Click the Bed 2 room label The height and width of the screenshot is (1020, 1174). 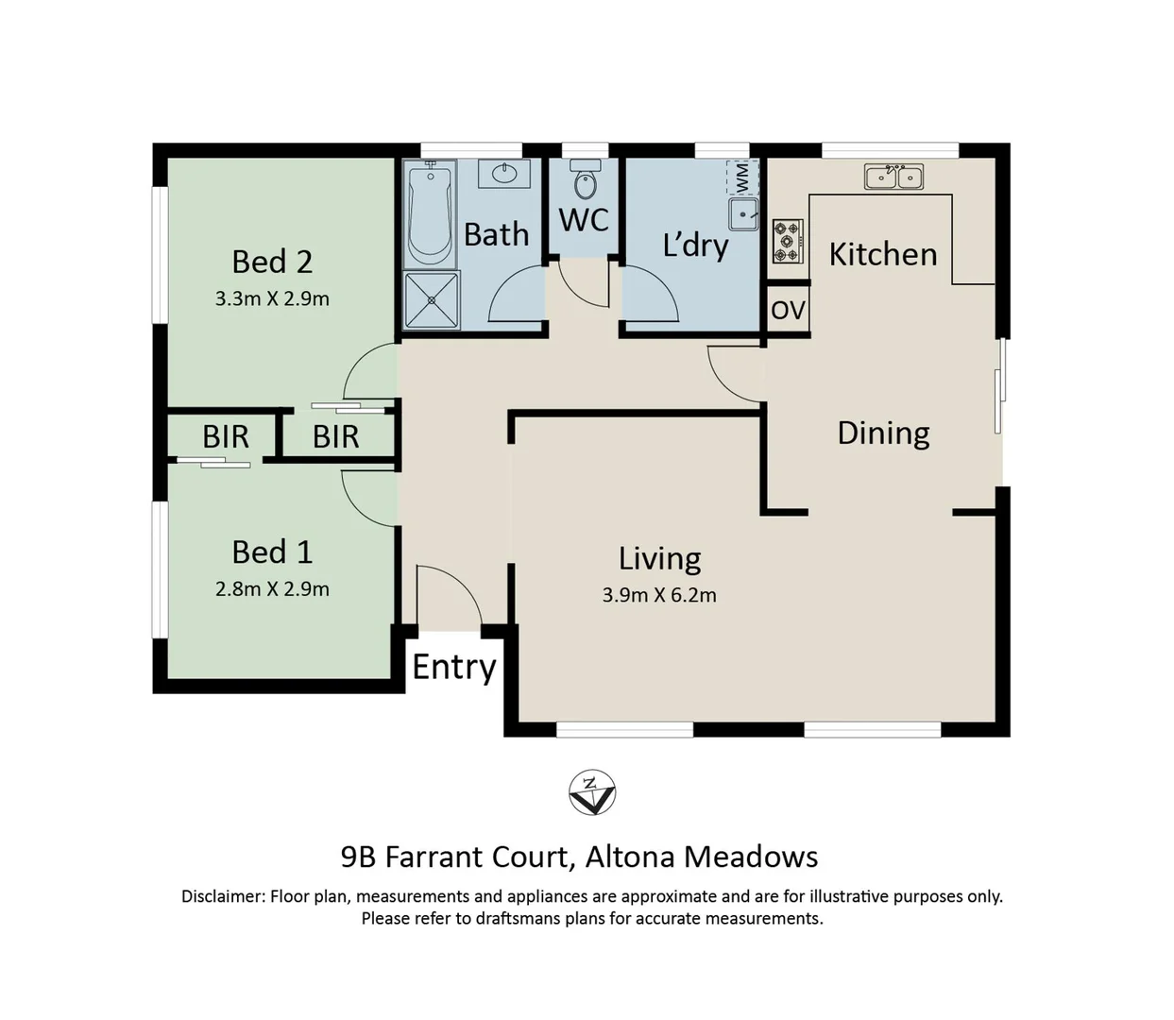point(272,262)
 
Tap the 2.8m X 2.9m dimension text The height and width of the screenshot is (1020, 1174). point(272,588)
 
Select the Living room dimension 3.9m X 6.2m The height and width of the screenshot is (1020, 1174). point(659,595)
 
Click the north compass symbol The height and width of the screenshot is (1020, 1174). point(592,792)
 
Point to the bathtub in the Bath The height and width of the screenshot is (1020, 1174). point(430,213)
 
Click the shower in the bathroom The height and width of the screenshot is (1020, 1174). point(432,300)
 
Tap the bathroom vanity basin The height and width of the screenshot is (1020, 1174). point(504,175)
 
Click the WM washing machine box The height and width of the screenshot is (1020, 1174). point(742,176)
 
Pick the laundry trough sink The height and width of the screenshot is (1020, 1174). point(743,214)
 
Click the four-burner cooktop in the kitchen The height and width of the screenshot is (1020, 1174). point(788,241)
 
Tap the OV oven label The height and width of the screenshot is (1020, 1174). point(788,310)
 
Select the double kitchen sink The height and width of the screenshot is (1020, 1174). point(893,176)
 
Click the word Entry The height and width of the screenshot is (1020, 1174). point(454,667)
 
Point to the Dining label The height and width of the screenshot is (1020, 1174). point(883,433)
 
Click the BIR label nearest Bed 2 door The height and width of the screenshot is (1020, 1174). point(335,436)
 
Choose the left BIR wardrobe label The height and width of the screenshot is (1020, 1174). point(226,436)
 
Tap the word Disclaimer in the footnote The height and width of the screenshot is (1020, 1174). point(222,896)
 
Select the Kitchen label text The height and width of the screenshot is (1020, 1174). point(883,254)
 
